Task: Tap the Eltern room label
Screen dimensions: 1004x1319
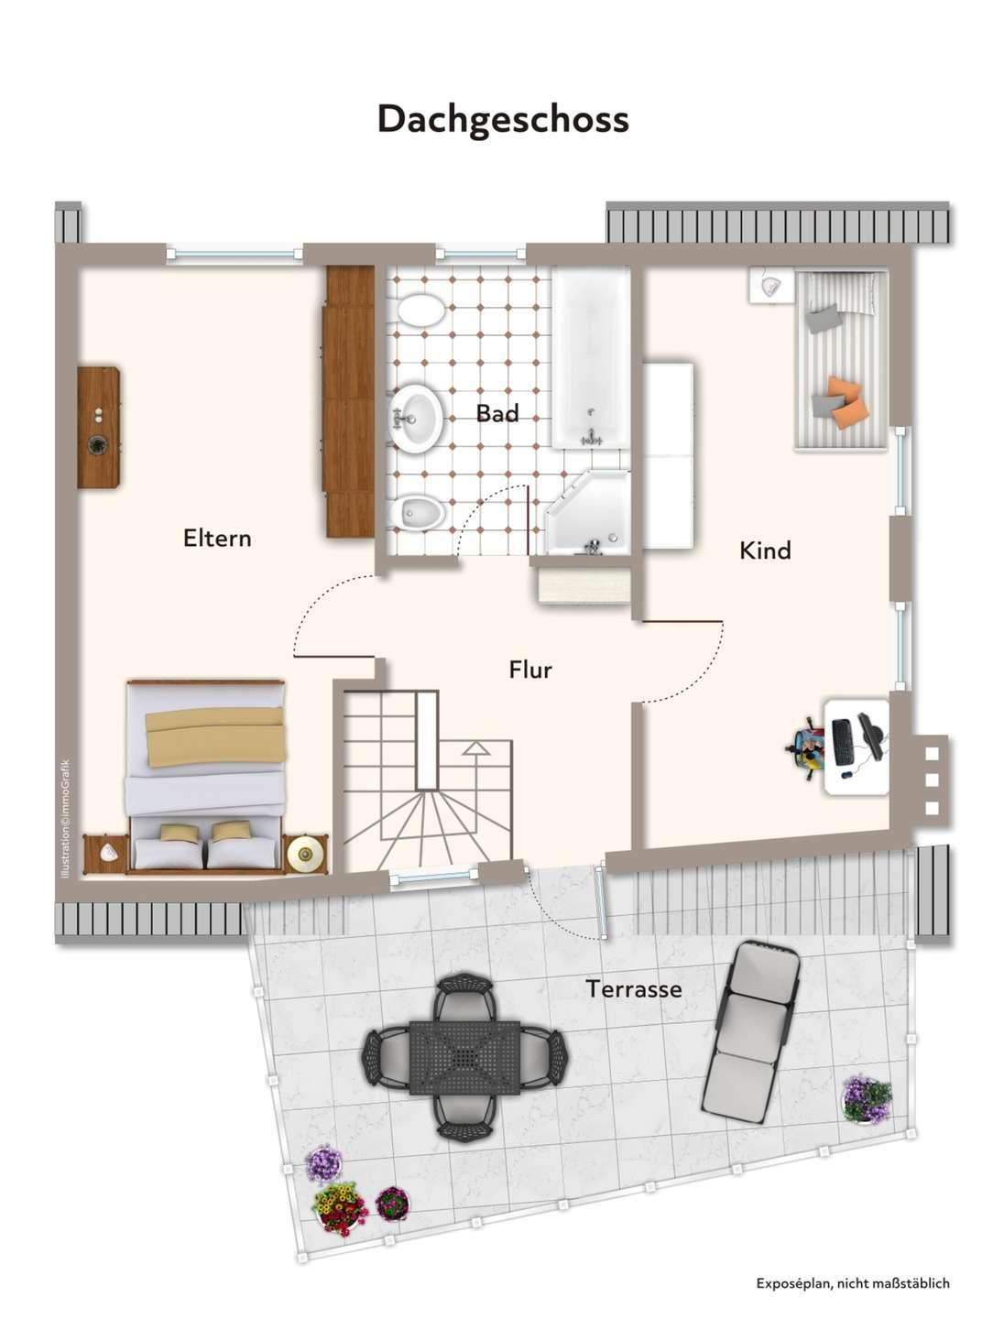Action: click(x=217, y=538)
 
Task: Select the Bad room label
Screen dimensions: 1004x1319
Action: click(x=497, y=413)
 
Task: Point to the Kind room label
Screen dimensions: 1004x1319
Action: click(x=765, y=550)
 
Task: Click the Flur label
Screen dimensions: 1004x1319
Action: click(x=529, y=670)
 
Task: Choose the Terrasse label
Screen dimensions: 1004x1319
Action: click(x=634, y=988)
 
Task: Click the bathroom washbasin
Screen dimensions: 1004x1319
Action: click(x=416, y=415)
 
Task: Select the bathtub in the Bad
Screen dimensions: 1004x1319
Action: click(x=591, y=358)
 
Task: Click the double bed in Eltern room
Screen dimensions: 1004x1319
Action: click(x=205, y=776)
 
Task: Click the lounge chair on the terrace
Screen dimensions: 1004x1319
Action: click(x=751, y=1031)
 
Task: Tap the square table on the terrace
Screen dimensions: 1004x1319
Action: click(x=464, y=1057)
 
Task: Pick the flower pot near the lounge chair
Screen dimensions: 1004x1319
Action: click(x=867, y=1099)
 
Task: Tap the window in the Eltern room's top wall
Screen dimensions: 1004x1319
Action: click(x=235, y=255)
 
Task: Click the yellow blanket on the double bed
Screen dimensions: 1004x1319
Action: click(x=215, y=736)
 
